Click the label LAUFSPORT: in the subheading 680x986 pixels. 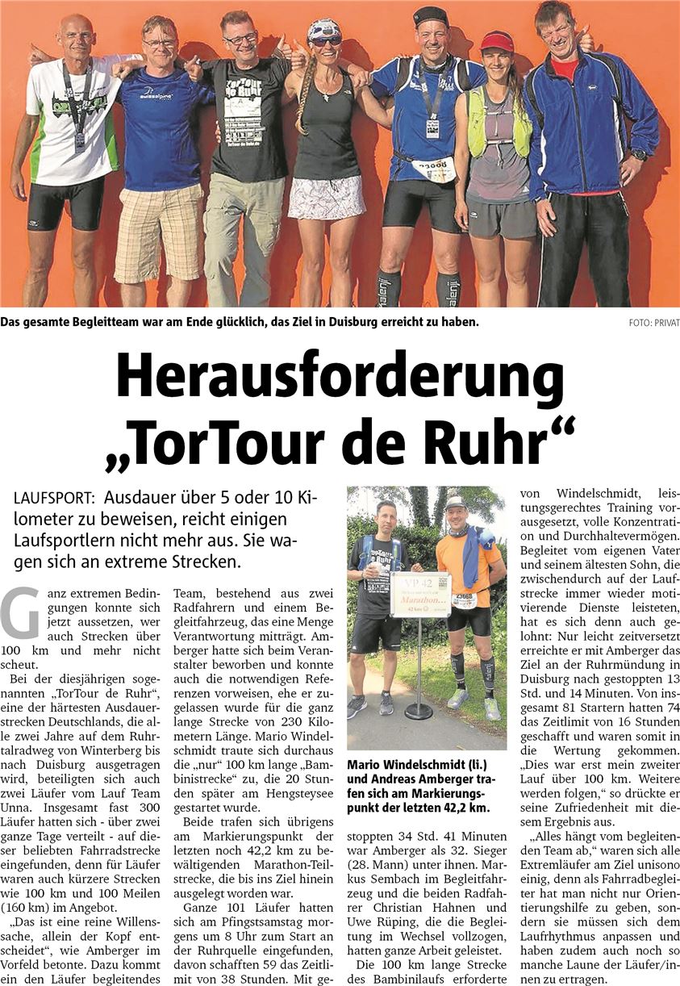(55, 500)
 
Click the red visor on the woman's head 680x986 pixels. (496, 42)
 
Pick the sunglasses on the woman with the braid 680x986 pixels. (326, 40)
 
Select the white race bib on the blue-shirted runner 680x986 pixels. (433, 169)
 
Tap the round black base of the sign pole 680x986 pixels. (418, 712)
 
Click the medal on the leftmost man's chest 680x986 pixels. (79, 139)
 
